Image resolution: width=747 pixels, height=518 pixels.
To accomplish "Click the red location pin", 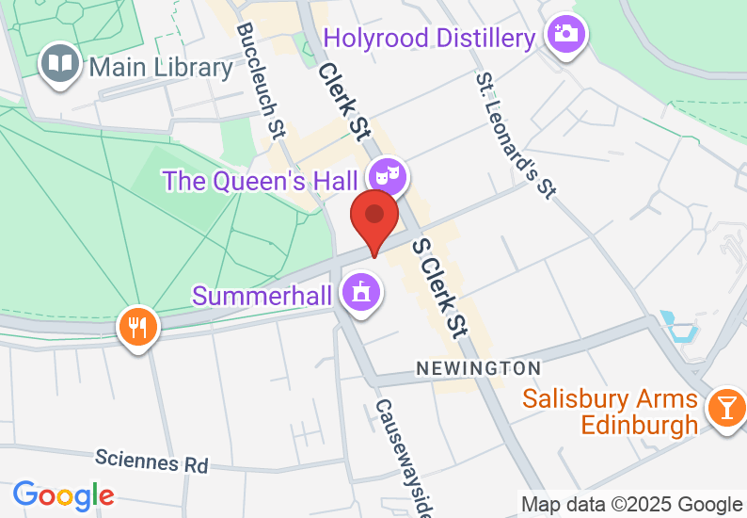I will coord(374,218).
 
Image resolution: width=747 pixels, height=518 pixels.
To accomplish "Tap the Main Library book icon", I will coord(61,65).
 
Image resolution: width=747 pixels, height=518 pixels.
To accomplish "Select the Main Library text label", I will coord(161,68).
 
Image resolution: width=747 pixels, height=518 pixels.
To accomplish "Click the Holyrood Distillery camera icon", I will coord(567,35).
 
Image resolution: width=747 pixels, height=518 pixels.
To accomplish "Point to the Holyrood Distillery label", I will coord(429,39).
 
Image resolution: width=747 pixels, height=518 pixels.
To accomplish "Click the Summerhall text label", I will coord(262,296).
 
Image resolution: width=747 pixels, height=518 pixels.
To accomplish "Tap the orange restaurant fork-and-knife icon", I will coord(138,328).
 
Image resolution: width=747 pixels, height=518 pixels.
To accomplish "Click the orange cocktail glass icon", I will coord(726,407).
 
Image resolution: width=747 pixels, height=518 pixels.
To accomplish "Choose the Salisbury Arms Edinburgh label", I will coord(611,412).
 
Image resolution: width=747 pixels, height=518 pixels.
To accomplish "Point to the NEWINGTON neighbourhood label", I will coord(479,368).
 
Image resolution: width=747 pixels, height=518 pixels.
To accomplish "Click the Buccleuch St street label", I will coord(261,82).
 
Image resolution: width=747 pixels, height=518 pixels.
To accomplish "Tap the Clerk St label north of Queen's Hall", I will coord(342,101).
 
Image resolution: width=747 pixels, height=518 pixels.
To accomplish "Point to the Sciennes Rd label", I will coord(151,462).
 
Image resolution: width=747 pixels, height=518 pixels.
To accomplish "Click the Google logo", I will coord(64,494).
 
